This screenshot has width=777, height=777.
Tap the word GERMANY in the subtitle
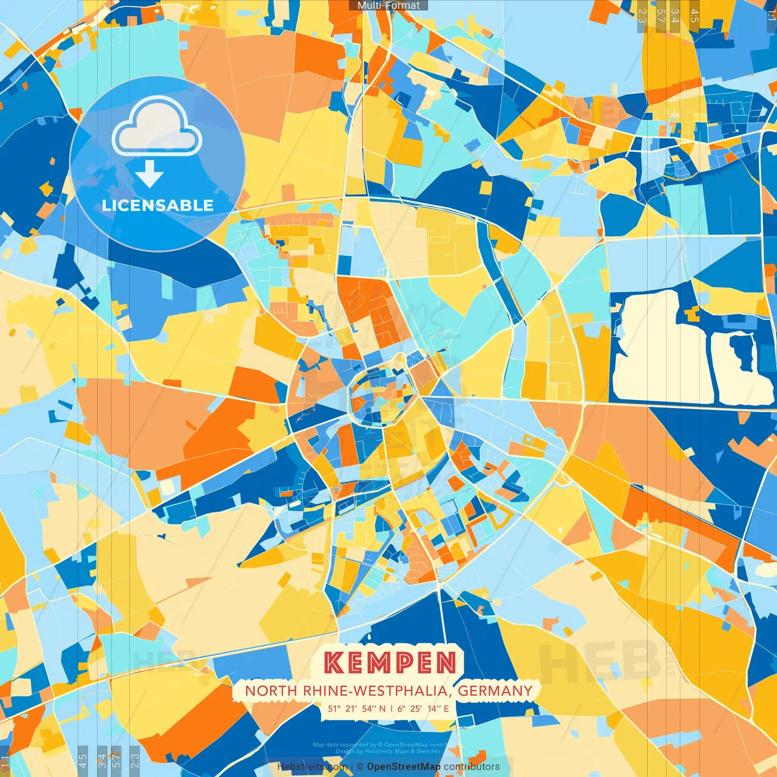pos(495,691)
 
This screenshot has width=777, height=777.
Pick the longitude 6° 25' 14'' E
pos(424,708)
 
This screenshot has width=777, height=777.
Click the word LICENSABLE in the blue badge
pos(158,205)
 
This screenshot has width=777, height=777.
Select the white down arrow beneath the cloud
pos(149,174)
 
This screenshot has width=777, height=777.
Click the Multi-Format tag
pos(388,5)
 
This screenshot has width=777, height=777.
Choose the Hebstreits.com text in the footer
pos(312,767)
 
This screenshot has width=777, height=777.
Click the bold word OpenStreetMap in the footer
pos(404,767)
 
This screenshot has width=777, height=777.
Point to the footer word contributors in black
pos(472,767)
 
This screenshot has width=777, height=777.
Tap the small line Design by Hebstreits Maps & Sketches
pos(388,752)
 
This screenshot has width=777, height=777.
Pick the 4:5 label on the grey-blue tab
pos(83,759)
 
